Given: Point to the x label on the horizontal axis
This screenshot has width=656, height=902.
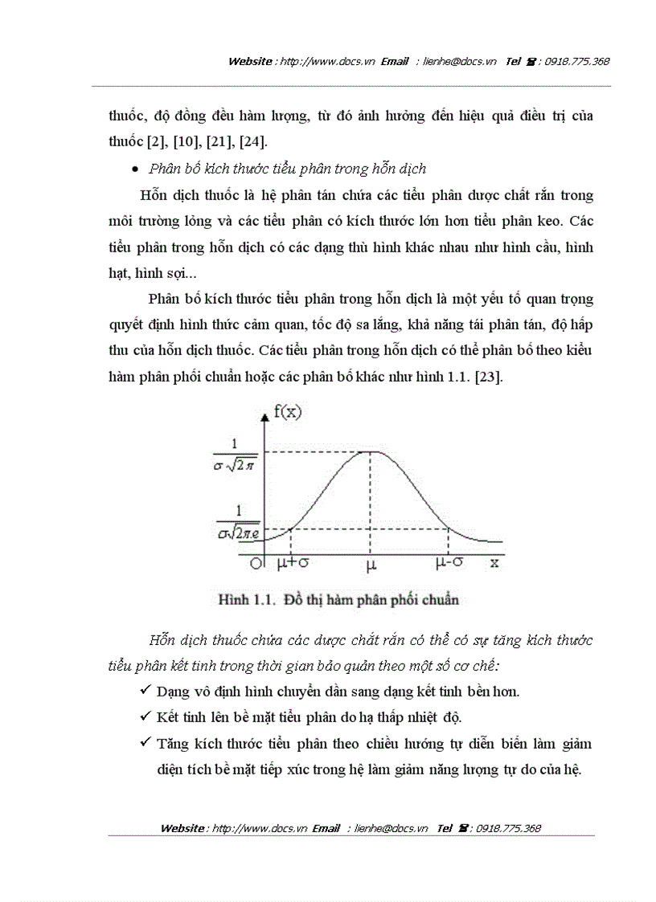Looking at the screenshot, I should pos(494,562).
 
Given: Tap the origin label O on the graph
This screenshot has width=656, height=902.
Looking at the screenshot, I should pos(256,563).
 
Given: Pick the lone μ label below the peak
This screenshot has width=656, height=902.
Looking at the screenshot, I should pos(371,565).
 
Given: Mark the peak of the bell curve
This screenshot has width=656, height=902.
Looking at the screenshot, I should pos(370,451).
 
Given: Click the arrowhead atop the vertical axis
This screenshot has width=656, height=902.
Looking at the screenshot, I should pos(266,416).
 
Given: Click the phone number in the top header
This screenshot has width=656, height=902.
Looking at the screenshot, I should pos(576,61).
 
